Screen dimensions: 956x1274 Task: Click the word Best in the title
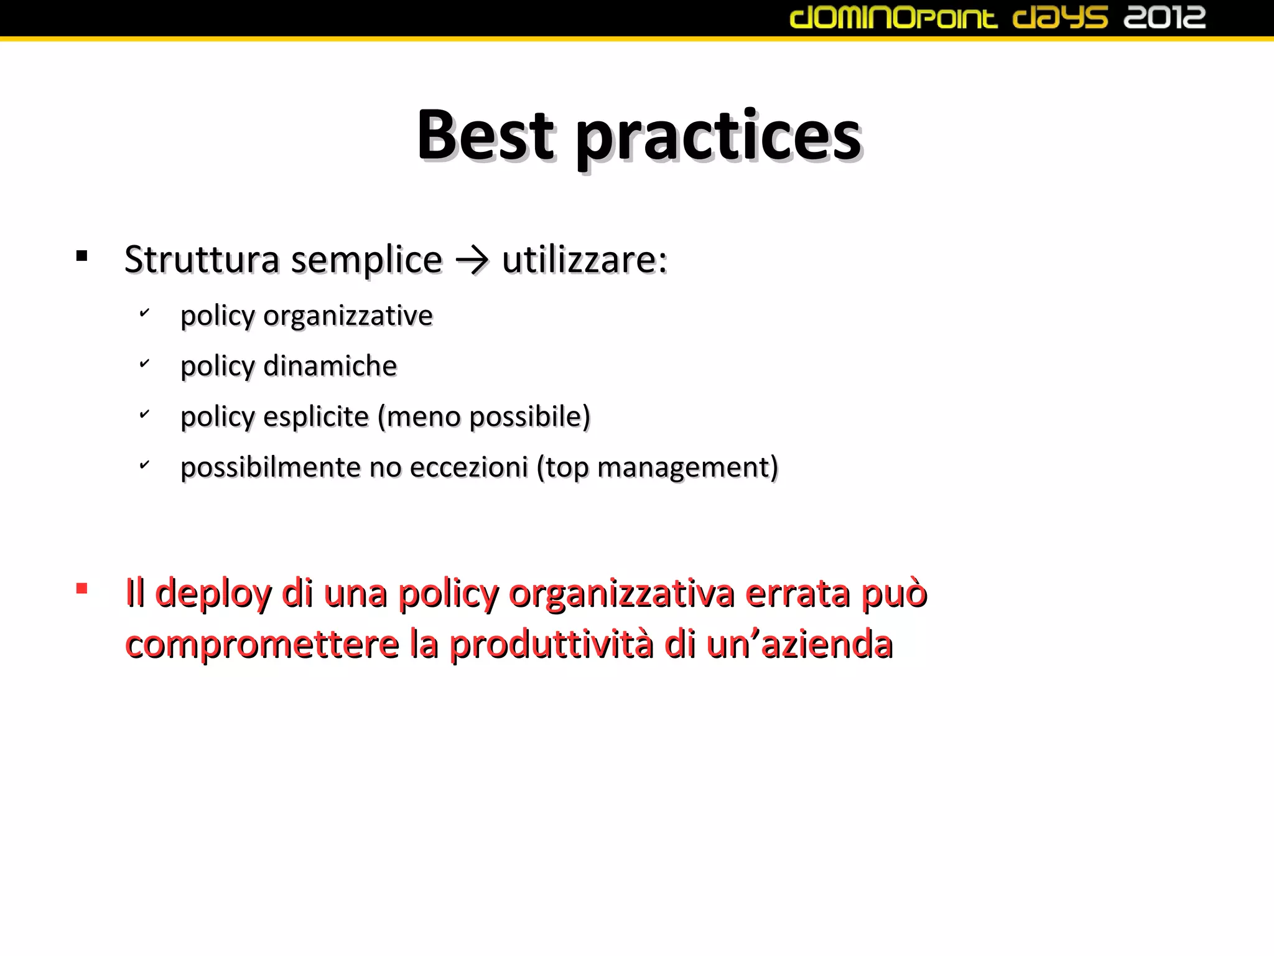click(485, 136)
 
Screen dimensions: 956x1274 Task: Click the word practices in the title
click(718, 138)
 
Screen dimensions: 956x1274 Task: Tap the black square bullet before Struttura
click(81, 256)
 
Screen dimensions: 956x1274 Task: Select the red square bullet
click(81, 588)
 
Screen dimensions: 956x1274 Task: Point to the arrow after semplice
click(472, 260)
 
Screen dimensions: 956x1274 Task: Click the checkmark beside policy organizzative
click(144, 312)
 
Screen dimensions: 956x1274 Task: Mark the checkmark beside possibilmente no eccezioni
click(144, 464)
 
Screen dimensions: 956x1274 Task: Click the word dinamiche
click(330, 366)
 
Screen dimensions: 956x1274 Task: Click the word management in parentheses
click(684, 468)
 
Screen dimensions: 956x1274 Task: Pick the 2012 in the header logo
click(1164, 17)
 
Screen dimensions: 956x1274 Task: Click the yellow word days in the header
click(1060, 17)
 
